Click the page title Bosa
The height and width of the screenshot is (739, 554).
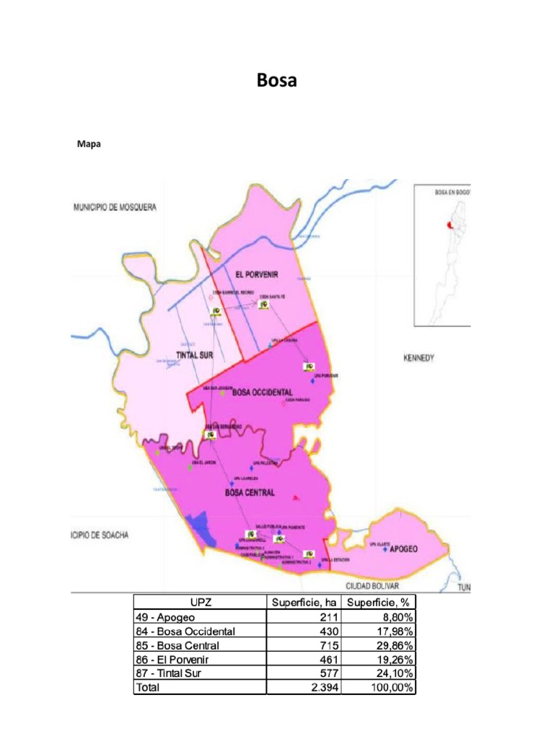pyautogui.click(x=277, y=81)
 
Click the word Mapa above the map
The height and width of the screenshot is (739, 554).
pyautogui.click(x=89, y=144)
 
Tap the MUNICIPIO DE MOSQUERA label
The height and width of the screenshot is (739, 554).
pyautogui.click(x=115, y=207)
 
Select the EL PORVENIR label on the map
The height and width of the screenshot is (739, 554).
pyautogui.click(x=256, y=274)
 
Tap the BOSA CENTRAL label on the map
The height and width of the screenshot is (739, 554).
pyautogui.click(x=250, y=493)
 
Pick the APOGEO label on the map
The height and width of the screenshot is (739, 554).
pyautogui.click(x=403, y=548)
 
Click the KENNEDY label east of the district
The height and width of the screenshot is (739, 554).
pyautogui.click(x=418, y=358)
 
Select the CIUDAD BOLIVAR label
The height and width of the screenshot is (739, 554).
pyautogui.click(x=372, y=586)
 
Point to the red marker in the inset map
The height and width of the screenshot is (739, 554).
pyautogui.click(x=450, y=226)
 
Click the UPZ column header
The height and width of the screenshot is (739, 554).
pyautogui.click(x=200, y=603)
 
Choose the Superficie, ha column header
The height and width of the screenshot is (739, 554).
pyautogui.click(x=304, y=603)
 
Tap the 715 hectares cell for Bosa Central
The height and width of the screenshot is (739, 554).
pyautogui.click(x=327, y=645)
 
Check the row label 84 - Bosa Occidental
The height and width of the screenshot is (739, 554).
pyautogui.click(x=185, y=631)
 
